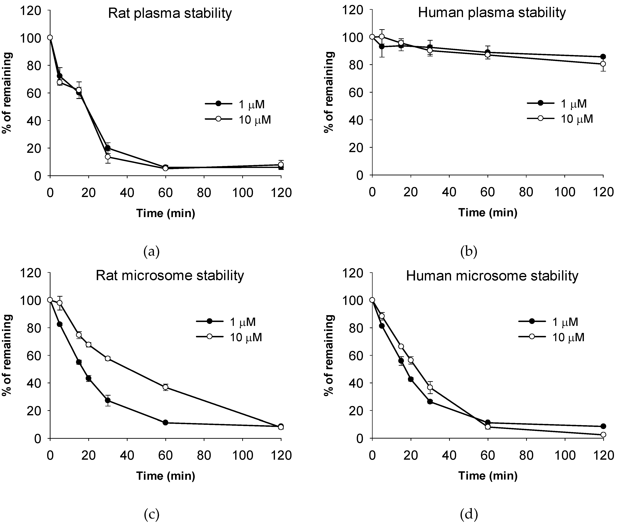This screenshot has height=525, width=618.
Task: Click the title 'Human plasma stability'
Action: click(x=492, y=13)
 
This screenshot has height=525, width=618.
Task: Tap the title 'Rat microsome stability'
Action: click(x=170, y=276)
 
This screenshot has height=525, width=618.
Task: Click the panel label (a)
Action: click(x=151, y=252)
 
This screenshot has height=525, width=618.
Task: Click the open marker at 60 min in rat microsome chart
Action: click(x=165, y=387)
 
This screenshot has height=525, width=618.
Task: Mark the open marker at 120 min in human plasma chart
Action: click(x=603, y=64)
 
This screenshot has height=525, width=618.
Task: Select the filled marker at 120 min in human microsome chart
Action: click(x=603, y=426)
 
